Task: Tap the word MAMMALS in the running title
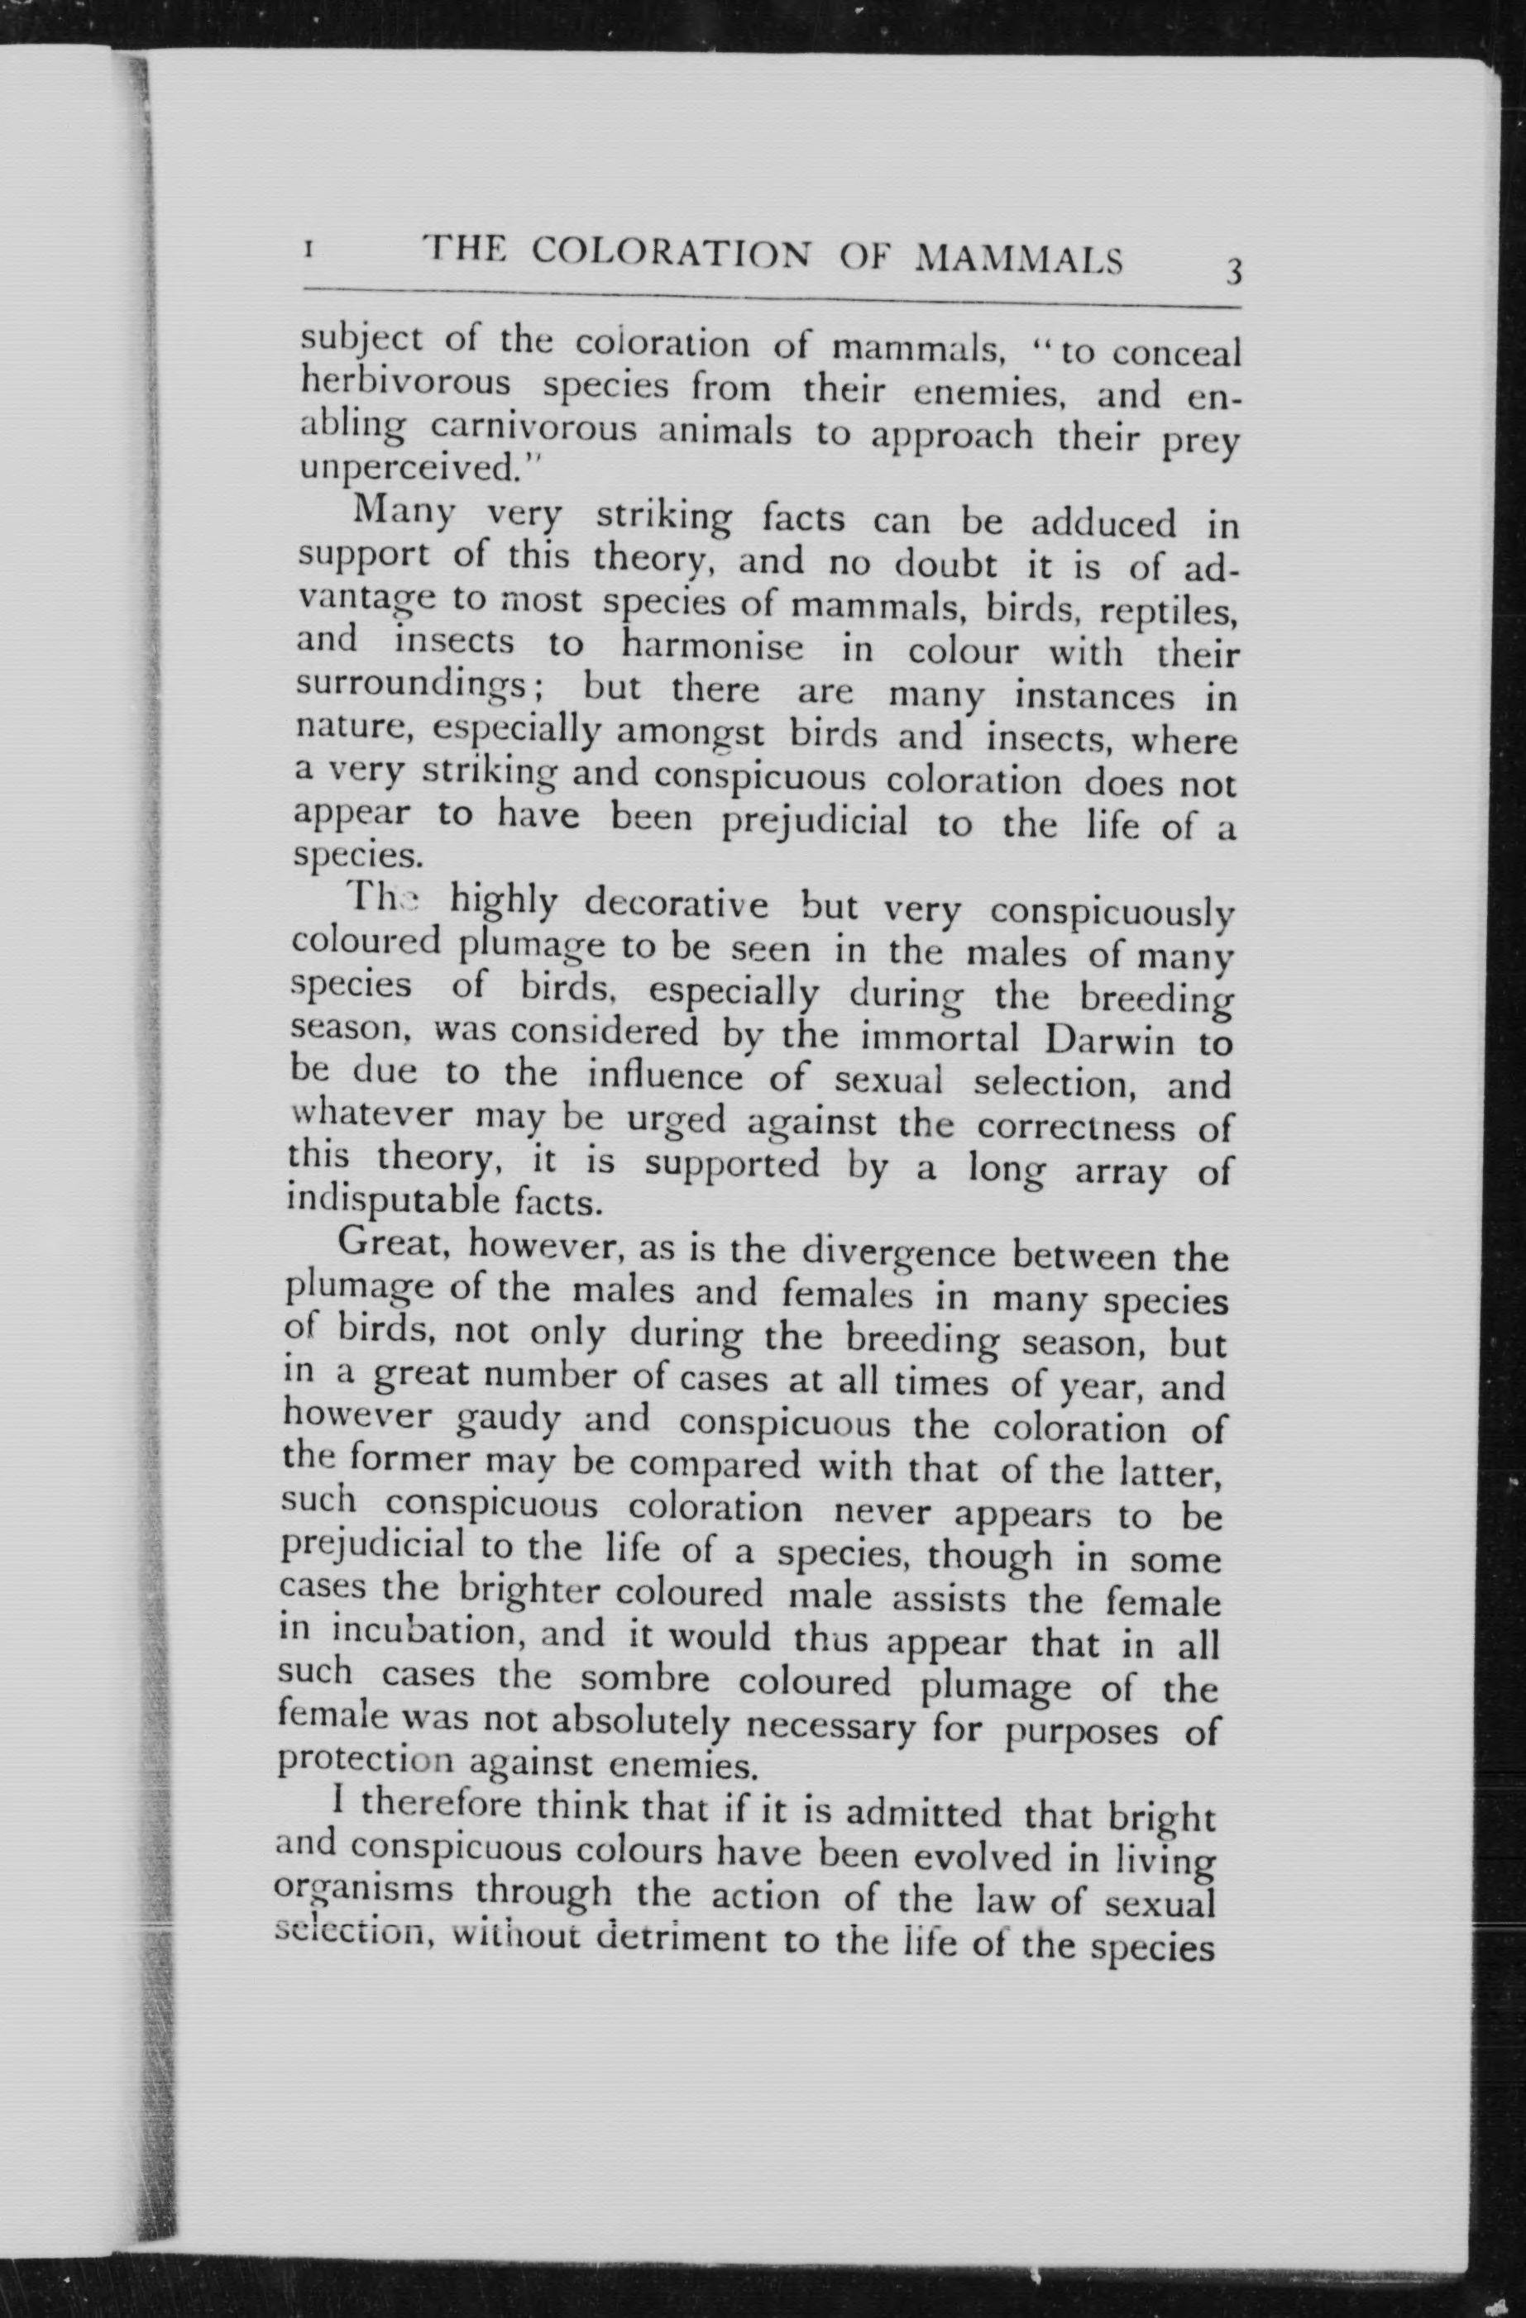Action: coord(1019,260)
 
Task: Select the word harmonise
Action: coord(712,646)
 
